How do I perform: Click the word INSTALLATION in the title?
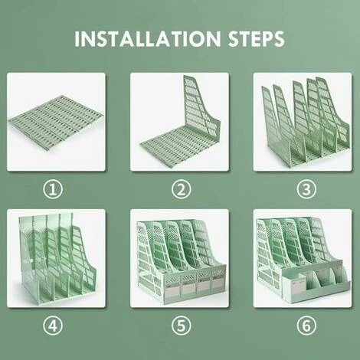tap(148, 39)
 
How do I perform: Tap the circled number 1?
tap(53, 190)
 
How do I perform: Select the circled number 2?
tap(181, 190)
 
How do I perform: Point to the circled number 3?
tap(306, 190)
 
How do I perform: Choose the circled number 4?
tap(53, 326)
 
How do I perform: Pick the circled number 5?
tap(181, 326)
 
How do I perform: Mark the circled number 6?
tap(306, 326)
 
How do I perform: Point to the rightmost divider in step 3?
tap(332, 113)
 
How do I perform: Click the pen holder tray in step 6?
tap(316, 285)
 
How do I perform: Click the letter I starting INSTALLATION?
tap(77, 39)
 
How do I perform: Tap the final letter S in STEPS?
tap(279, 39)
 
